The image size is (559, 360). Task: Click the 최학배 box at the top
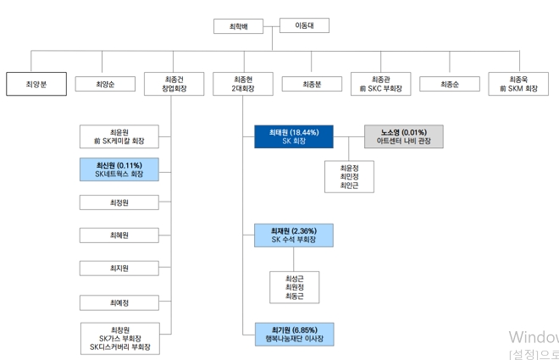click(240, 26)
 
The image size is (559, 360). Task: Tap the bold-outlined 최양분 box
click(36, 84)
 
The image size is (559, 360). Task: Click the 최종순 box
click(449, 84)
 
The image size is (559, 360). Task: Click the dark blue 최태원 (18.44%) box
click(293, 137)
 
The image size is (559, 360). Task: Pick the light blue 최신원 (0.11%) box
click(119, 169)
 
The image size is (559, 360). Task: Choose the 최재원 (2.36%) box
click(293, 235)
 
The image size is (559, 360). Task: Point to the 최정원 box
click(119, 202)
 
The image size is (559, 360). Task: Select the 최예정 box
click(119, 302)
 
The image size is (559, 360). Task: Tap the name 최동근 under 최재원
click(293, 297)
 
